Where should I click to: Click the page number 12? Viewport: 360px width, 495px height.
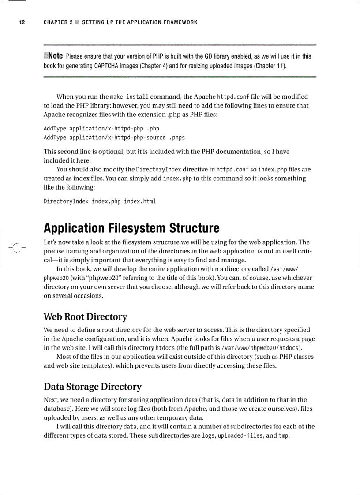[21, 22]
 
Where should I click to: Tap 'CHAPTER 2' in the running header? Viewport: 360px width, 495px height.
[58, 22]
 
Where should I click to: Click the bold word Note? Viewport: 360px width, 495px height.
[55, 56]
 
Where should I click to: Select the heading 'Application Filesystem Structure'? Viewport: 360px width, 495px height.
[131, 228]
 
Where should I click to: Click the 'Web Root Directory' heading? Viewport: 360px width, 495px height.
[85, 317]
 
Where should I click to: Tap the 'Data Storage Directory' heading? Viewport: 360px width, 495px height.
[92, 387]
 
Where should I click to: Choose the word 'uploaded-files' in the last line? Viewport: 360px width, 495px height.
[240, 436]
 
